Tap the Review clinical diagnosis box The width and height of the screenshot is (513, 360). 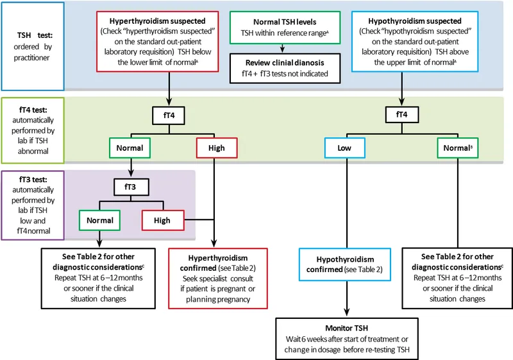point(282,67)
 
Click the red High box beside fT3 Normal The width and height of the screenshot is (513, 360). point(162,221)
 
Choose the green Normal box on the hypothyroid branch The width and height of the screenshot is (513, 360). point(456,149)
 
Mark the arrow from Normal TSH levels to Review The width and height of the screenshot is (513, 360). point(282,48)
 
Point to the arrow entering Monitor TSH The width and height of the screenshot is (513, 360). point(347,305)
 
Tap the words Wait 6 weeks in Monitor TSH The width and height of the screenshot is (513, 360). point(307,339)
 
